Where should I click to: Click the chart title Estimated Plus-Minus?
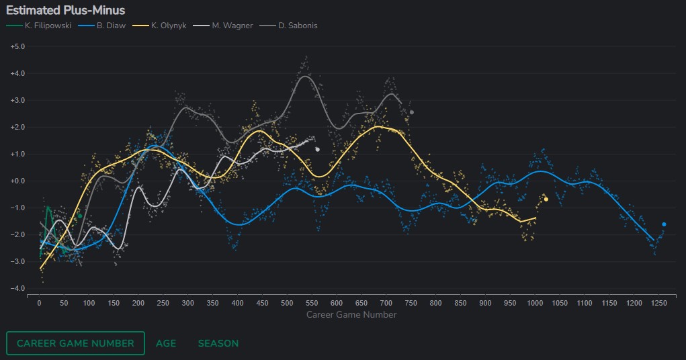click(x=65, y=10)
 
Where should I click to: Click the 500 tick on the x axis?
click(x=287, y=304)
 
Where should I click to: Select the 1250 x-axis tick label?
click(x=658, y=304)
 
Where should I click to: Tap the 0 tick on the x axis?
click(x=39, y=304)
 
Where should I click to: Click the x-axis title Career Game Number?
click(x=351, y=314)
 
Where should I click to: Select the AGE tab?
click(x=166, y=343)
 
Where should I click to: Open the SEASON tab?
click(x=218, y=343)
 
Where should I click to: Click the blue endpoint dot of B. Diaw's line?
click(x=664, y=224)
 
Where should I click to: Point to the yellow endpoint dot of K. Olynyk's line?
click(x=546, y=199)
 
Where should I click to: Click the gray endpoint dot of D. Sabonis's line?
click(x=411, y=112)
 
